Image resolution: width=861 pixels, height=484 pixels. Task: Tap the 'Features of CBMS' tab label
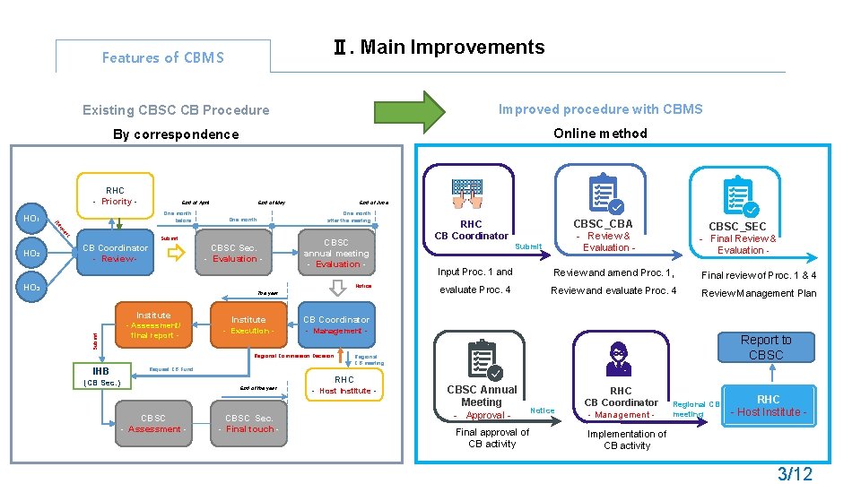click(x=162, y=57)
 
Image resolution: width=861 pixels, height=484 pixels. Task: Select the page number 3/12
click(x=795, y=472)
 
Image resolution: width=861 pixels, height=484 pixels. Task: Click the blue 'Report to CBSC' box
click(x=765, y=347)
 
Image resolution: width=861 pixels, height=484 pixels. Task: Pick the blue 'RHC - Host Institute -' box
click(x=768, y=405)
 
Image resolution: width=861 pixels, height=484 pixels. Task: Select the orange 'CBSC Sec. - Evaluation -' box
click(x=233, y=253)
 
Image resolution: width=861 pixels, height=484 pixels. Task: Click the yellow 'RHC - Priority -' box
click(x=115, y=195)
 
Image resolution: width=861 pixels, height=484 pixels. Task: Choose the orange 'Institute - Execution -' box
click(x=248, y=324)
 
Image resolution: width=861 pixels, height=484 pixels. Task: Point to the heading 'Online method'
click(x=600, y=134)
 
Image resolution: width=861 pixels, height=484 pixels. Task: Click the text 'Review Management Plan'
click(x=759, y=293)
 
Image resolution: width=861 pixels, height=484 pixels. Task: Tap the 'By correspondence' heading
click(x=176, y=134)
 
